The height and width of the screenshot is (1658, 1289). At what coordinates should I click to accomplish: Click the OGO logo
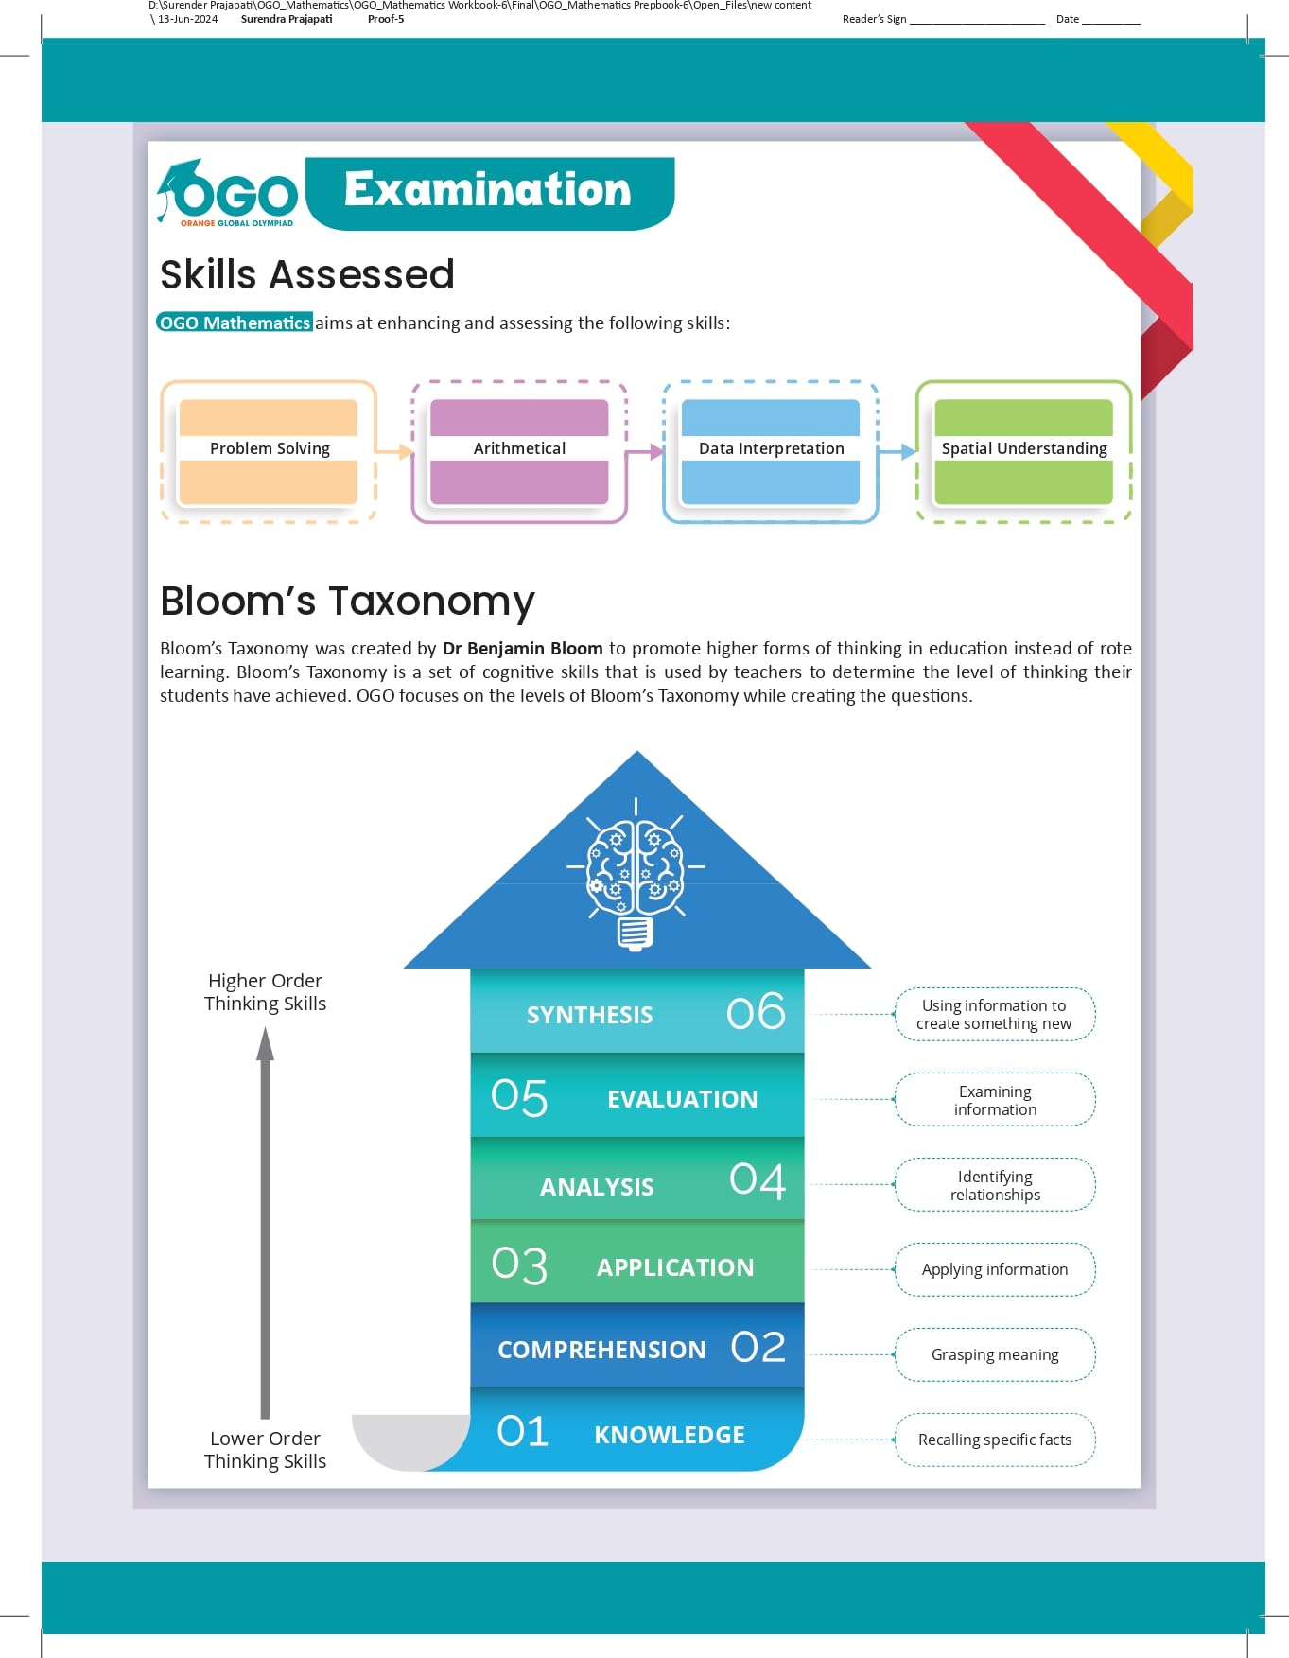click(227, 194)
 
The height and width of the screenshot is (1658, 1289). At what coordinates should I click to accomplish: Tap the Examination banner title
click(488, 190)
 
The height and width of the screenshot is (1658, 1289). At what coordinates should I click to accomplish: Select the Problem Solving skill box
click(270, 450)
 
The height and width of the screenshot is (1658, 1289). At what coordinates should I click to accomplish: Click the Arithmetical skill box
click(519, 450)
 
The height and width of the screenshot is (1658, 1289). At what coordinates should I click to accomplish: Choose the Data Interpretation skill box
click(771, 450)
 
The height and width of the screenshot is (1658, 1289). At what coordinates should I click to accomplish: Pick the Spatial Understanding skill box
click(1023, 450)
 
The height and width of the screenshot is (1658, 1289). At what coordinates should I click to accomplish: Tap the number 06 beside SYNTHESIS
click(756, 1012)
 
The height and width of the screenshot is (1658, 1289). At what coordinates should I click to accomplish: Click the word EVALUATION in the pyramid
click(682, 1099)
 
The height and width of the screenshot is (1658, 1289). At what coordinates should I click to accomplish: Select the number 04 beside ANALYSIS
click(758, 1180)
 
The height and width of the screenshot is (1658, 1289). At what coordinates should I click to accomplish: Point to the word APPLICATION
click(675, 1267)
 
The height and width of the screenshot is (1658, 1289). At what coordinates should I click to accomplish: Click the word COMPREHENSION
click(601, 1350)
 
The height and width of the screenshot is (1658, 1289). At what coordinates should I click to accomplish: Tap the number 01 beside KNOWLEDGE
click(522, 1432)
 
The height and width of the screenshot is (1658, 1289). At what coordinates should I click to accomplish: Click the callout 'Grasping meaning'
click(995, 1354)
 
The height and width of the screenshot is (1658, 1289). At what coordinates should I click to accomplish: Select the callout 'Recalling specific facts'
click(995, 1440)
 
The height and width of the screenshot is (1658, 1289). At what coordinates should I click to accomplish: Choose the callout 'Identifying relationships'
click(995, 1185)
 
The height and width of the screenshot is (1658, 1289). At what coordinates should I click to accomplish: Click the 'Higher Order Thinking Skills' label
click(265, 992)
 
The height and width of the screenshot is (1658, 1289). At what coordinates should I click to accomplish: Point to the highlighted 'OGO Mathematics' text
click(235, 323)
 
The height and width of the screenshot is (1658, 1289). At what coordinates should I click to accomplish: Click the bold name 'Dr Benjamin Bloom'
click(522, 648)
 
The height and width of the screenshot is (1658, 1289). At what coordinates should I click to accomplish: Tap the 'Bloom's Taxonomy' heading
click(347, 602)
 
